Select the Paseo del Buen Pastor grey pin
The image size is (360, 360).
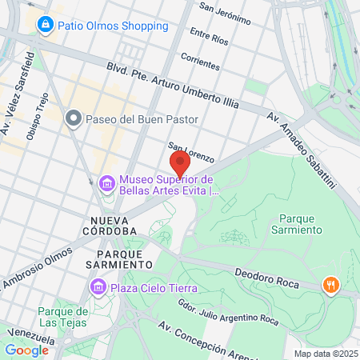pyautogui.click(x=74, y=119)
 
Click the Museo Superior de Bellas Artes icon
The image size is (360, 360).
pyautogui.click(x=106, y=185)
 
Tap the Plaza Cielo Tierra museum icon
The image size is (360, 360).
pyautogui.click(x=98, y=286)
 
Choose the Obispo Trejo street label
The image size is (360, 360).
pyautogui.click(x=38, y=117)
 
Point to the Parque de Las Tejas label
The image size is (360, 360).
pyautogui.click(x=62, y=316)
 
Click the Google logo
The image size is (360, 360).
pyautogui.click(x=26, y=350)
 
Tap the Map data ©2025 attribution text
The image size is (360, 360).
pyautogui.click(x=325, y=354)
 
